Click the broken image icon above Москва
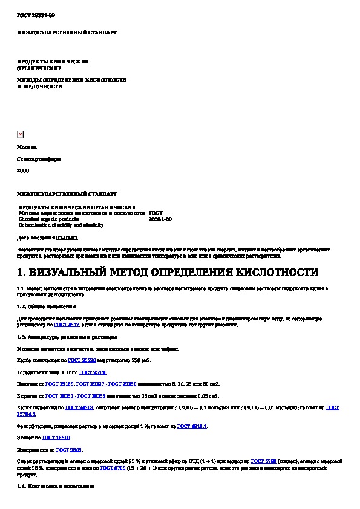(20, 135)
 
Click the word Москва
(27, 147)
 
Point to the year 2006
(23, 171)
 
